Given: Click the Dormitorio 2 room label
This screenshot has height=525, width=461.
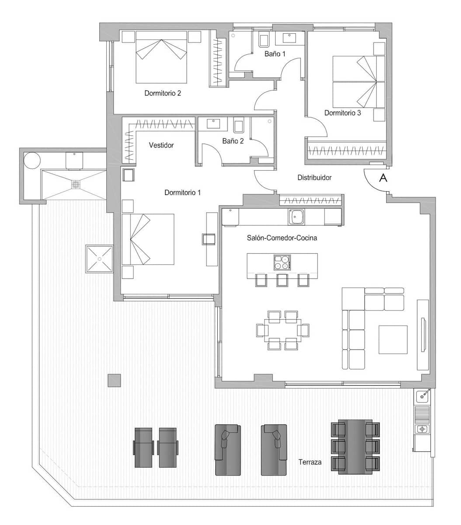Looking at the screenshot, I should pyautogui.click(x=163, y=93).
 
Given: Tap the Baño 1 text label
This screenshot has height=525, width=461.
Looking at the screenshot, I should pyautogui.click(x=275, y=54).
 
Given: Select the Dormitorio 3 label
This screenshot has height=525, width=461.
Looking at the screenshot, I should pyautogui.click(x=342, y=113).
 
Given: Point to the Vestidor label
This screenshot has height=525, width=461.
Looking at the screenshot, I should pyautogui.click(x=161, y=145).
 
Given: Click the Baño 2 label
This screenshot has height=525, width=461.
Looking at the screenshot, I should pyautogui.click(x=232, y=141).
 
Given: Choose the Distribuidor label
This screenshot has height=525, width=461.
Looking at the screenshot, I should pyautogui.click(x=314, y=178).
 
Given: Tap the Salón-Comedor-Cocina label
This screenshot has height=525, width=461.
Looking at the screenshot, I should pyautogui.click(x=281, y=238).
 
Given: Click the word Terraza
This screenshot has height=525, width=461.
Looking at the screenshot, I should pyautogui.click(x=310, y=462).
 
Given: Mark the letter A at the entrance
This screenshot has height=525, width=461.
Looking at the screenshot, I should pyautogui.click(x=383, y=178).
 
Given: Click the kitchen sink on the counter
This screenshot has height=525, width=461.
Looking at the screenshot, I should pyautogui.click(x=297, y=216).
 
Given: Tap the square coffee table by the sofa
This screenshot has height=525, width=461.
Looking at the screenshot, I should pyautogui.click(x=393, y=339).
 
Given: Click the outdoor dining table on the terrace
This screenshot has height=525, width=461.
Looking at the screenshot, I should pyautogui.click(x=356, y=446).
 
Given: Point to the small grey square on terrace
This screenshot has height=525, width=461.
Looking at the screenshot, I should pyautogui.click(x=114, y=380).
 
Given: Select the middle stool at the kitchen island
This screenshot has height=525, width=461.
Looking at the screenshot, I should pyautogui.click(x=282, y=280).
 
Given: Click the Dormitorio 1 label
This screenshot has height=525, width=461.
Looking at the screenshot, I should pyautogui.click(x=182, y=192).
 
